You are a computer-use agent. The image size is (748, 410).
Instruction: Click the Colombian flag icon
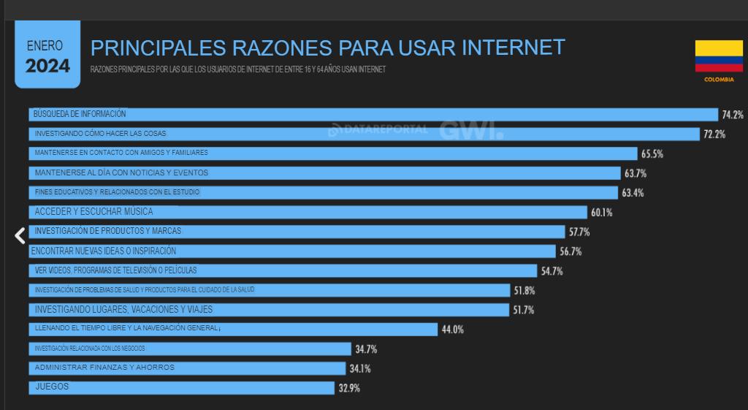[719, 56]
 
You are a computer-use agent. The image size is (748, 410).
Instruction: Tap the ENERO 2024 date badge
[47, 57]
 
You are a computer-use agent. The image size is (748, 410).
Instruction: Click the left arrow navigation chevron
[20, 235]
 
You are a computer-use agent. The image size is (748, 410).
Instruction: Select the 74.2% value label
[732, 115]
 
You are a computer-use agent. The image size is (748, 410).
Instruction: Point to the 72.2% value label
[714, 134]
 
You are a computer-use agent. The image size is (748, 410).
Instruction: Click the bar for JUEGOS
[183, 387]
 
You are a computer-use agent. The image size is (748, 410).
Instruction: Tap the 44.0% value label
[452, 330]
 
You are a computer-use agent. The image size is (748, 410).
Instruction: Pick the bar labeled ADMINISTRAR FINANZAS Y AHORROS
[187, 368]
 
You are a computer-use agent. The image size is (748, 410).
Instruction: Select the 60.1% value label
[601, 213]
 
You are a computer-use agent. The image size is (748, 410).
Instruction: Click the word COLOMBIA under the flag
[719, 80]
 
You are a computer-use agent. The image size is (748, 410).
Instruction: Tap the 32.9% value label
[348, 388]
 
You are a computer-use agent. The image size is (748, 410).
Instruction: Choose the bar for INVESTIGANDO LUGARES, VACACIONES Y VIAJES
[269, 310]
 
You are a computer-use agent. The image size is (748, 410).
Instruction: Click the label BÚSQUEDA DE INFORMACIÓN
[80, 114]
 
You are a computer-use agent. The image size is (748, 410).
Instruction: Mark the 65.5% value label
[652, 154]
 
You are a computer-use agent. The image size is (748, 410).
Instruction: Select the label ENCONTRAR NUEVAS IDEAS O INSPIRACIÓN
[103, 251]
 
